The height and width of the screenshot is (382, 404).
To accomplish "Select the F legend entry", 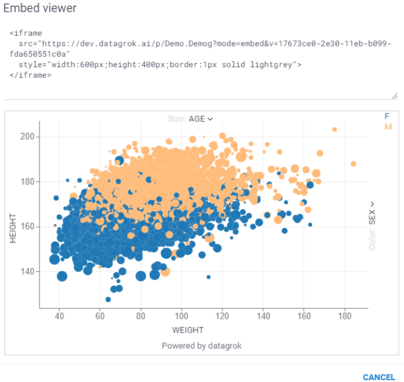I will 387,116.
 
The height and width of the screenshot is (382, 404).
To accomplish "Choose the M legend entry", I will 388,126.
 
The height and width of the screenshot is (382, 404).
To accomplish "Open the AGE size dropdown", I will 201,119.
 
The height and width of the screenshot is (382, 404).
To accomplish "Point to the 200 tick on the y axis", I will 28,137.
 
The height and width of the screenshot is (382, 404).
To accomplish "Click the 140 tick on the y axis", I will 28,272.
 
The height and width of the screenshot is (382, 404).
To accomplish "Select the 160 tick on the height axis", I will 28,227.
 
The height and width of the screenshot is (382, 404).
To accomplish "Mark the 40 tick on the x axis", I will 59,316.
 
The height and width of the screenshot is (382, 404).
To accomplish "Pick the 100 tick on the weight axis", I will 182,316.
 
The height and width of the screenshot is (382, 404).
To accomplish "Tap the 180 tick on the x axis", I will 345,316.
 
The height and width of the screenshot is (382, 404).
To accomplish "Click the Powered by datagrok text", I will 202,346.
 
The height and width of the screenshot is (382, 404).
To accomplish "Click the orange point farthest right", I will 353,164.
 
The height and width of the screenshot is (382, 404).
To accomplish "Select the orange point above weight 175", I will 334,130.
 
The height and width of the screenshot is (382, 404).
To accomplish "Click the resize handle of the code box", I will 394,96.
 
